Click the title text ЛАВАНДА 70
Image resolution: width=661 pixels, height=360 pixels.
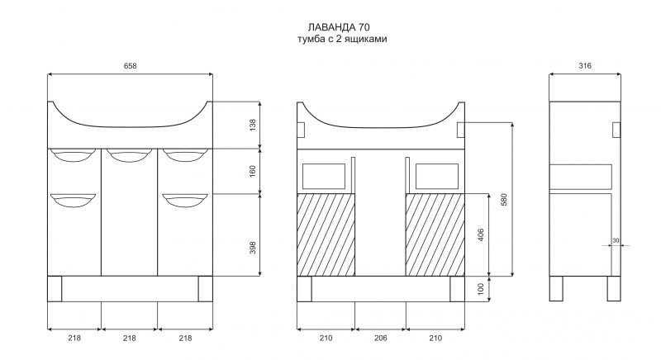click(x=339, y=27)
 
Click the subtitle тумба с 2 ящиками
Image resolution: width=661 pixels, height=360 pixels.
click(x=342, y=39)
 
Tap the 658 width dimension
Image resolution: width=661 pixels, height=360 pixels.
click(x=131, y=66)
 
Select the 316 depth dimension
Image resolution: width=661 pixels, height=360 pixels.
click(x=585, y=66)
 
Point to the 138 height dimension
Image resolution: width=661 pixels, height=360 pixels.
click(x=253, y=125)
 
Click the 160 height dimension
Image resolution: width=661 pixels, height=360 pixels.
click(x=253, y=171)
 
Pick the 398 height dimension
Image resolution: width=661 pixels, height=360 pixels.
click(x=253, y=248)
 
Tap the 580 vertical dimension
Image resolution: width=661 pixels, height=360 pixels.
click(x=504, y=200)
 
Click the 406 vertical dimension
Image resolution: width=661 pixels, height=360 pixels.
click(x=481, y=235)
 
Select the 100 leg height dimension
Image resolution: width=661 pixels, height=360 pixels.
click(x=481, y=289)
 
